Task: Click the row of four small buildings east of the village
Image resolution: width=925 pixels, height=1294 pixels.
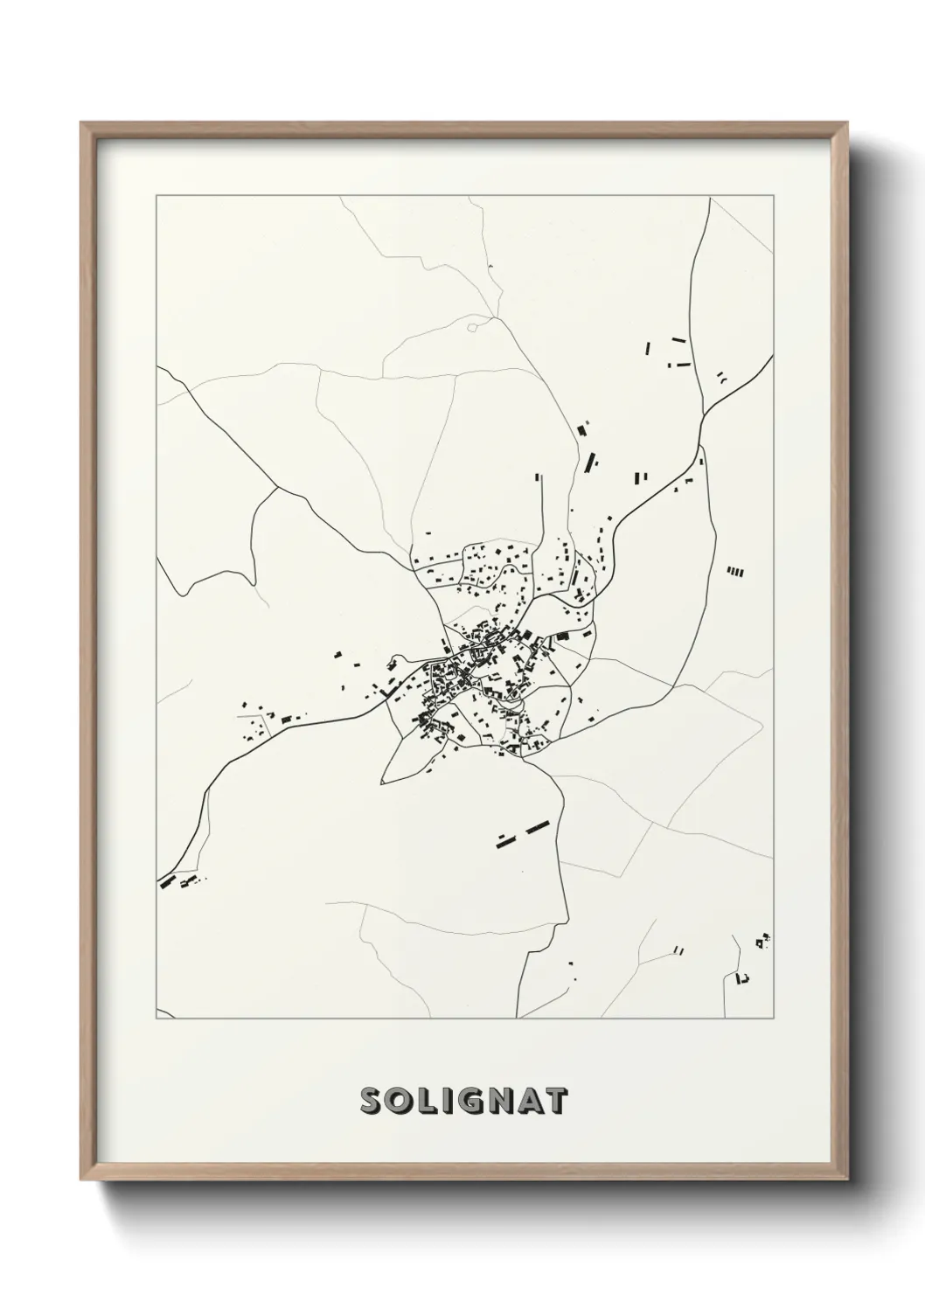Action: [736, 572]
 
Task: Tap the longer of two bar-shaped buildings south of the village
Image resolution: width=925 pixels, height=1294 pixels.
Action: [535, 825]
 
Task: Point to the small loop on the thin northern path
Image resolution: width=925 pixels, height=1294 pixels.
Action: [472, 328]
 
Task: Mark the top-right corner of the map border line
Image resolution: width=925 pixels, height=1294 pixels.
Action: [773, 197]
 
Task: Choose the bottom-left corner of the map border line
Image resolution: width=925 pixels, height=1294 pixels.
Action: [156, 1019]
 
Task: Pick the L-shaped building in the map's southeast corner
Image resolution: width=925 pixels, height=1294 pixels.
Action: [743, 977]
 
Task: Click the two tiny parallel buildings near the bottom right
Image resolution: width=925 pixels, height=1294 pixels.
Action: [679, 950]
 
